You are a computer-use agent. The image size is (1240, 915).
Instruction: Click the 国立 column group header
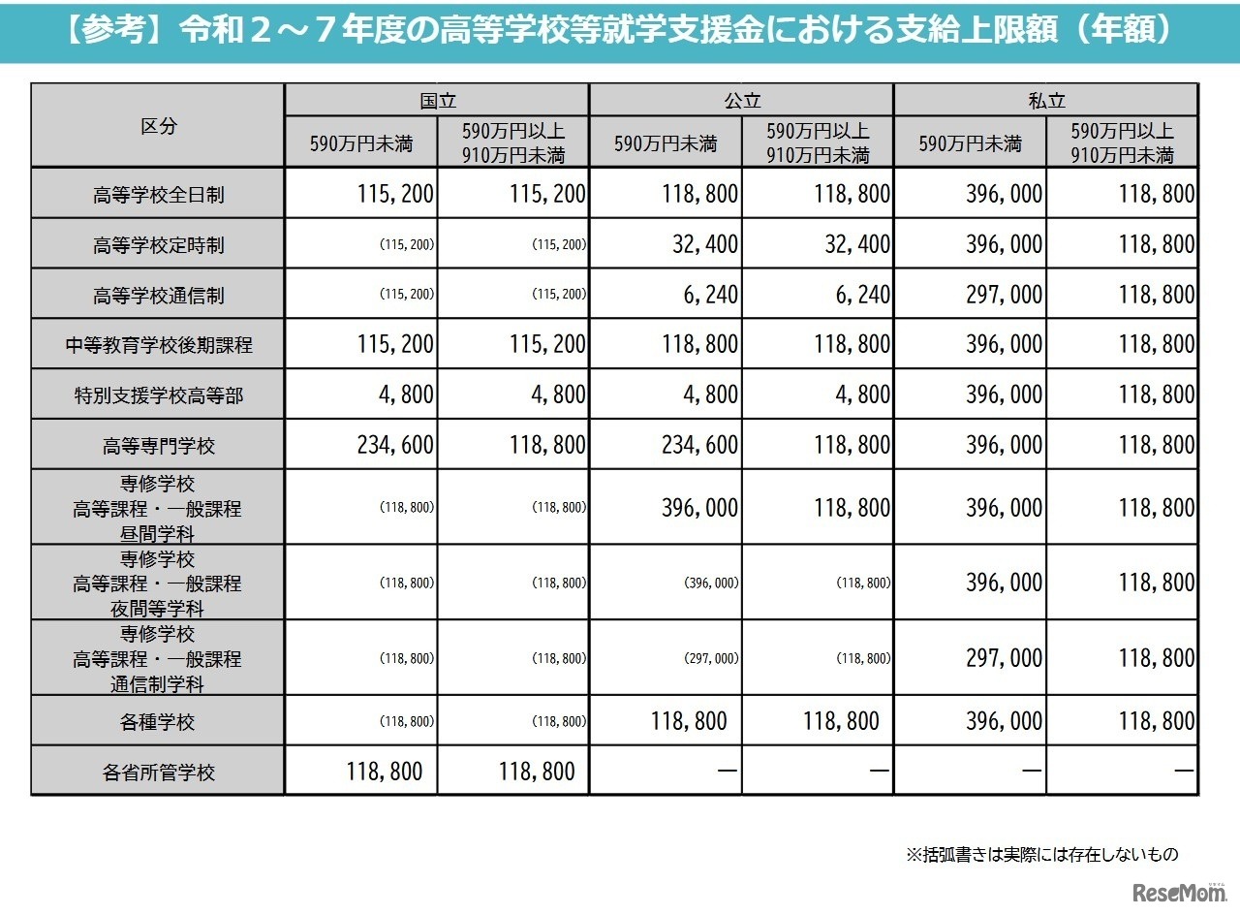(x=437, y=100)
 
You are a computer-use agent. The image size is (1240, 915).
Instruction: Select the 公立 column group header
(x=741, y=100)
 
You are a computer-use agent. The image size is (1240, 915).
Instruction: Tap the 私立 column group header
(x=1046, y=100)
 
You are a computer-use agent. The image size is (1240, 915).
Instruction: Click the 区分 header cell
(x=158, y=126)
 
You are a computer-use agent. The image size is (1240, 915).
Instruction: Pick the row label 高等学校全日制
(x=158, y=194)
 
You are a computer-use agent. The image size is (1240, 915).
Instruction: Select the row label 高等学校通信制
(x=158, y=295)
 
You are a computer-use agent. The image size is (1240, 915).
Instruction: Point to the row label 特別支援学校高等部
(x=158, y=395)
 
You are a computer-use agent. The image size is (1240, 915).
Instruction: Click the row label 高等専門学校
(x=158, y=446)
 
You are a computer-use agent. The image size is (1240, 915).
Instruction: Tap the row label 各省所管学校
(x=158, y=773)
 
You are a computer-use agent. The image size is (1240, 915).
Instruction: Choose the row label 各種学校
(x=158, y=722)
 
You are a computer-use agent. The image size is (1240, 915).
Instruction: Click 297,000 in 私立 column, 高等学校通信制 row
(x=1004, y=295)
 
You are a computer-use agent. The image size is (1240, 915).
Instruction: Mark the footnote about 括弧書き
(x=1041, y=854)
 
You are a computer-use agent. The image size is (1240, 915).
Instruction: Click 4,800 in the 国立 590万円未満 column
(x=406, y=394)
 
